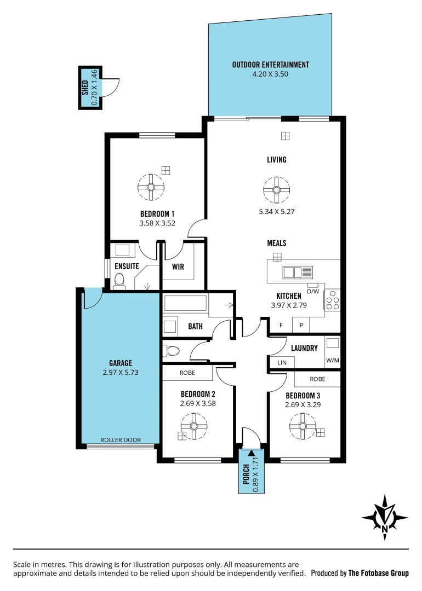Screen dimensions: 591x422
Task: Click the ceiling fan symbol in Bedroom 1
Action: pyautogui.click(x=150, y=186)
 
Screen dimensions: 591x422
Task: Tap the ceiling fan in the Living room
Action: pyautogui.click(x=276, y=190)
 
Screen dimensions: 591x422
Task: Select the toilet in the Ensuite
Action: pyautogui.click(x=119, y=281)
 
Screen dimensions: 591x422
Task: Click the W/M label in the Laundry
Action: pyautogui.click(x=332, y=361)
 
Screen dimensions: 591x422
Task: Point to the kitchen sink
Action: pyautogui.click(x=298, y=271)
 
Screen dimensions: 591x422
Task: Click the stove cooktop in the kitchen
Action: pyautogui.click(x=332, y=300)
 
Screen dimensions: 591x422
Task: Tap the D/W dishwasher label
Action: pyautogui.click(x=313, y=291)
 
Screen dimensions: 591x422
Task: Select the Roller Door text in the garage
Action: pyautogui.click(x=121, y=440)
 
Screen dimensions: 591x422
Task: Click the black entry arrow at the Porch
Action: pyautogui.click(x=251, y=453)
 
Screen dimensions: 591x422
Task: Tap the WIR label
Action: pyautogui.click(x=178, y=267)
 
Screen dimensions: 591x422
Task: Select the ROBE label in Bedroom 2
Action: pyautogui.click(x=187, y=373)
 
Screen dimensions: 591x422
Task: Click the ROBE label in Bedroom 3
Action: pyautogui.click(x=317, y=379)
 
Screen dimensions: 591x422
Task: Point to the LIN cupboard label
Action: pyautogui.click(x=282, y=363)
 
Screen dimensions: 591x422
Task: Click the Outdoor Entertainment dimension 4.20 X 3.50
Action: pyautogui.click(x=270, y=74)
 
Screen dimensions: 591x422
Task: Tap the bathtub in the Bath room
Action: pyautogui.click(x=185, y=304)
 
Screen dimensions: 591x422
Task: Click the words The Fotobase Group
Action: pyautogui.click(x=378, y=573)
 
